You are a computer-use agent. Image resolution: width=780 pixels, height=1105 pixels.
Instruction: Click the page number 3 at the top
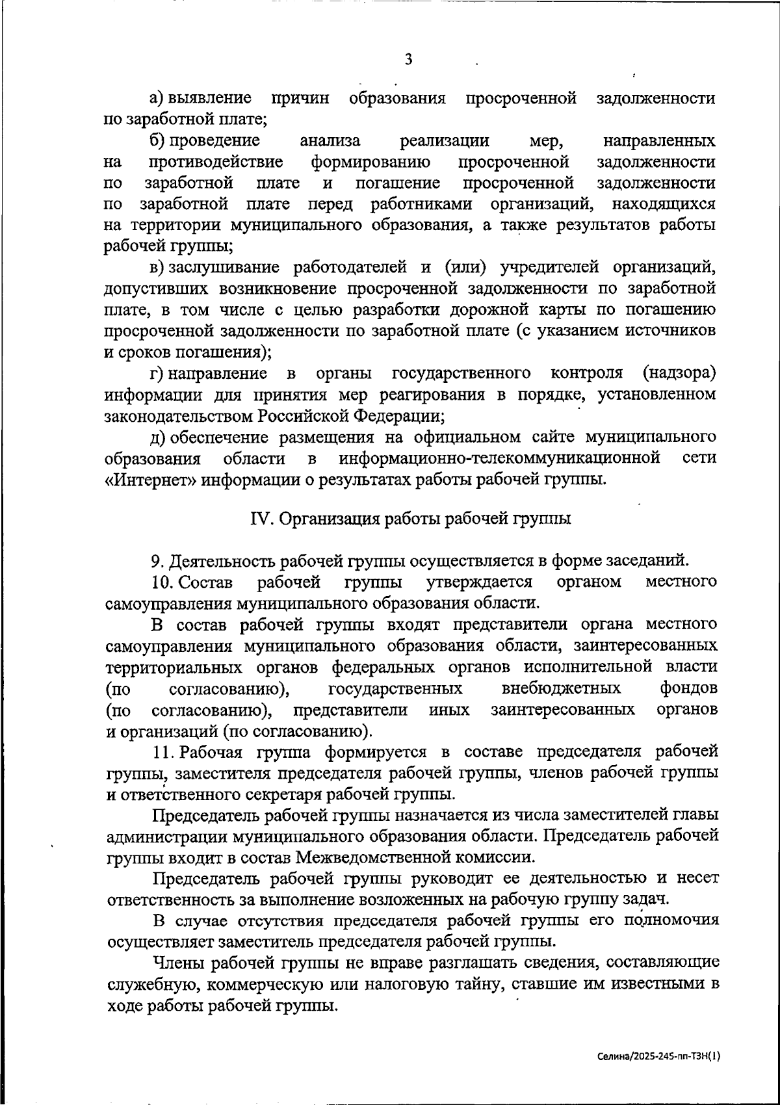tap(408, 60)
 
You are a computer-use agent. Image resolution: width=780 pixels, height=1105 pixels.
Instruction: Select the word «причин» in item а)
tap(300, 99)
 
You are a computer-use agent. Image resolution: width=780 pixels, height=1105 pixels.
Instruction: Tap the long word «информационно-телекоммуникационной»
tap(499, 458)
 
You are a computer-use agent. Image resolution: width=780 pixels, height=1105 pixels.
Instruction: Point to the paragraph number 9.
tap(155, 560)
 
